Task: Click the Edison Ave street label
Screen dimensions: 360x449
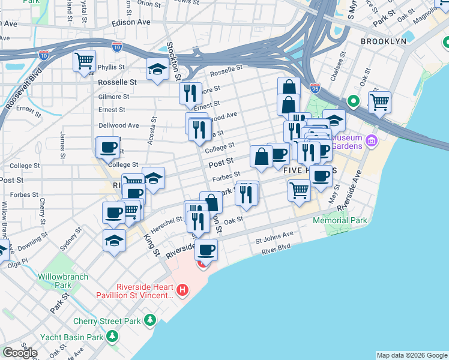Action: point(131,22)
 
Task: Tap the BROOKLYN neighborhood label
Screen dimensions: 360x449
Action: point(384,41)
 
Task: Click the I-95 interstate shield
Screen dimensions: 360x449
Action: point(315,88)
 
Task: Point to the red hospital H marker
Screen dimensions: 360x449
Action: point(182,291)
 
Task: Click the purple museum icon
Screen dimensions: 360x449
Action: point(372,142)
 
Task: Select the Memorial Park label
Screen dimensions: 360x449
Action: point(340,221)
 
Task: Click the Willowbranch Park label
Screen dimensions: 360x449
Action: point(63,280)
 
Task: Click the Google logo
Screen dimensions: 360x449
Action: point(20,352)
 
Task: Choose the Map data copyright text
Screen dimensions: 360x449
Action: point(412,355)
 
